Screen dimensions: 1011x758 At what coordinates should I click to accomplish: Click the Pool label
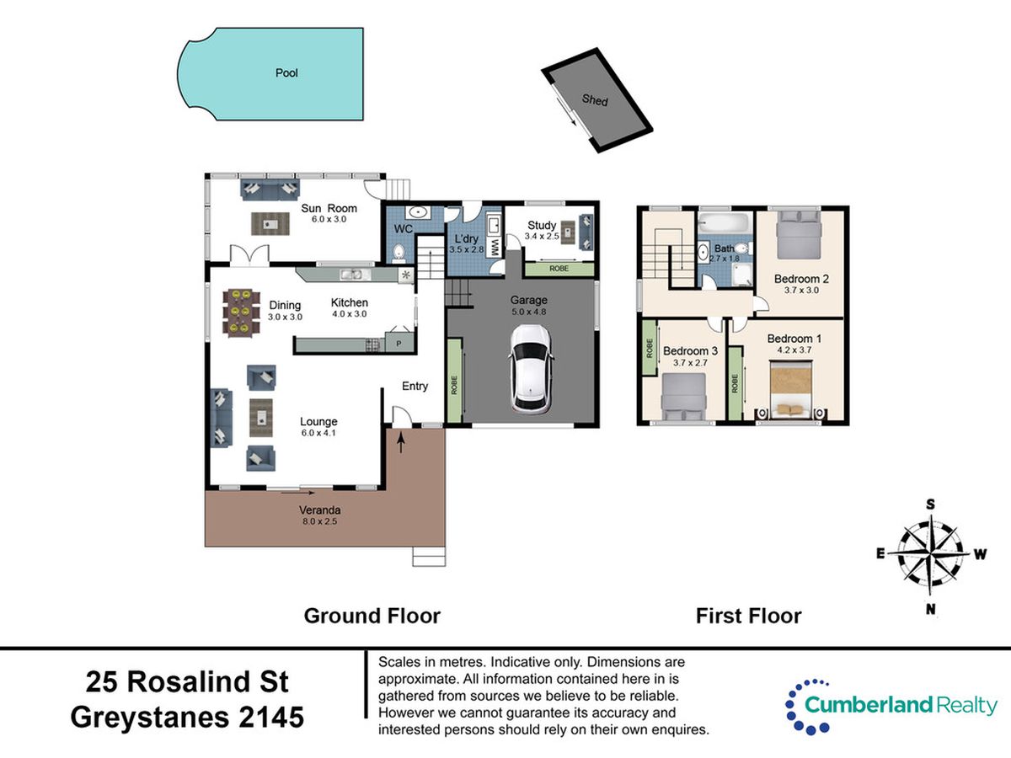[286, 72]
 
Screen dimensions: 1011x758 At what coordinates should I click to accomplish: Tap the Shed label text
[595, 99]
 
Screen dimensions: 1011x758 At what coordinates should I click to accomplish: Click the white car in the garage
[530, 369]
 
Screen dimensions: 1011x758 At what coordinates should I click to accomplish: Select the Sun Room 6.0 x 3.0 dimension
[329, 220]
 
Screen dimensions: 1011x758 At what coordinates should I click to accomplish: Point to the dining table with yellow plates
[241, 313]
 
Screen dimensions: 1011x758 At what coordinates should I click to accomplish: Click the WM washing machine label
[495, 247]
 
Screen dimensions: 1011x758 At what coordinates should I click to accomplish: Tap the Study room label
[542, 225]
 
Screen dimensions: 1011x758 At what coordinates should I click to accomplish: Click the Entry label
[415, 386]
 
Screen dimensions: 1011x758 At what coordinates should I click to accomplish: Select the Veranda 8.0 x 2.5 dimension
[319, 521]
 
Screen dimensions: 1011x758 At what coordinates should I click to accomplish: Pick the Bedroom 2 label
[801, 279]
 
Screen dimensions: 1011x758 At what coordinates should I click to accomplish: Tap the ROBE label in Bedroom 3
[650, 348]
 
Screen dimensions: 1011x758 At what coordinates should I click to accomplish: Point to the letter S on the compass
[930, 504]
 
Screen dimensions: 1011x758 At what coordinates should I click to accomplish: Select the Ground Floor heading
[372, 616]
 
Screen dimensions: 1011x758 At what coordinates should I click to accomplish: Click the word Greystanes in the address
[150, 718]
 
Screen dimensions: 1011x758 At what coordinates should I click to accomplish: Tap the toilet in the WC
[398, 252]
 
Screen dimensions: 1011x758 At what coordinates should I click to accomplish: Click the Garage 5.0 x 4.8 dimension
[529, 312]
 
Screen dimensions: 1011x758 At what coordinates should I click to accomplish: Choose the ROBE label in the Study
[559, 269]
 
